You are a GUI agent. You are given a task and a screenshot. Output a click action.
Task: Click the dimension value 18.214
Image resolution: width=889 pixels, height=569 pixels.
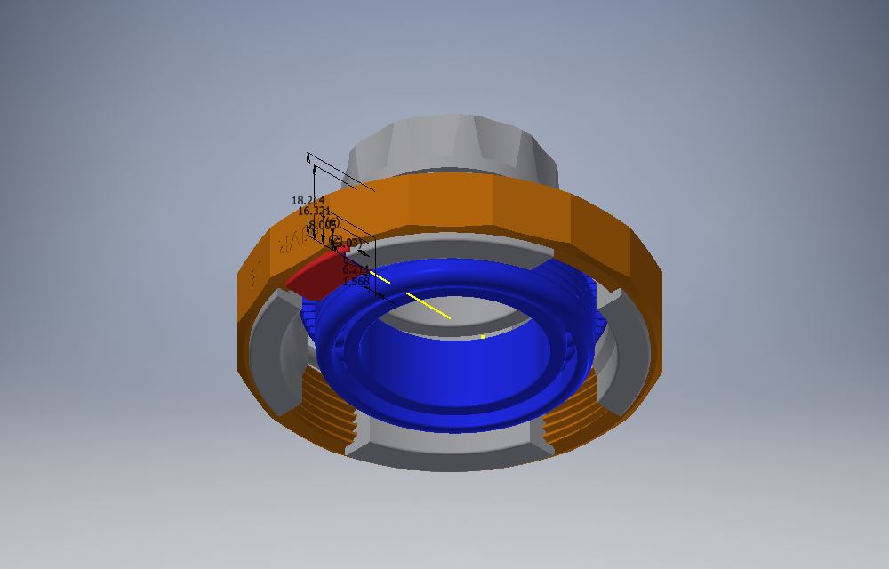click(x=308, y=201)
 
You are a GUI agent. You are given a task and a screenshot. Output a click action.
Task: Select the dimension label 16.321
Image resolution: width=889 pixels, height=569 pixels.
click(x=314, y=212)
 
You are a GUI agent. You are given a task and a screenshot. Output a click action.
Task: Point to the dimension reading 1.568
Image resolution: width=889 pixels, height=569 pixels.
click(x=356, y=282)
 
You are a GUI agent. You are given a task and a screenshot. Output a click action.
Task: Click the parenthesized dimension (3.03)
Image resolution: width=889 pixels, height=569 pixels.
click(x=348, y=242)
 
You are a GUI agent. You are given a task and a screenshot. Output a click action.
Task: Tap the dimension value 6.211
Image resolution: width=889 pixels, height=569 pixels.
click(x=355, y=269)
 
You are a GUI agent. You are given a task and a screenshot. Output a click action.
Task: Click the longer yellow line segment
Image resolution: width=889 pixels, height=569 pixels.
click(x=428, y=304)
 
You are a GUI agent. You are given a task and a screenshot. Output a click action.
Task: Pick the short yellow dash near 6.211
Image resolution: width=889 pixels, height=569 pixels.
click(x=380, y=278)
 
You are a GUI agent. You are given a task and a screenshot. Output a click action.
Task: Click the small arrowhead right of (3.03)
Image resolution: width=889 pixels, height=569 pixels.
click(x=365, y=252)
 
